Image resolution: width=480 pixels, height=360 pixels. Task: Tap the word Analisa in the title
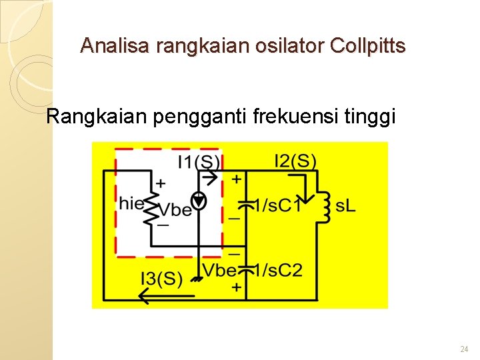tap(115, 46)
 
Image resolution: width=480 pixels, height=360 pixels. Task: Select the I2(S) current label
tap(295, 161)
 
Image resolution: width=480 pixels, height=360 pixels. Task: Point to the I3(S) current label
tap(161, 278)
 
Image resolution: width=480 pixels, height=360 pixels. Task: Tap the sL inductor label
tap(345, 206)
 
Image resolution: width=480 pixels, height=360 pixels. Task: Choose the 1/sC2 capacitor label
tap(280, 270)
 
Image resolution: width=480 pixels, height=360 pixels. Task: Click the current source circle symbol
tap(198, 199)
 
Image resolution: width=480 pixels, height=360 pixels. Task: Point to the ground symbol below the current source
tap(197, 278)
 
